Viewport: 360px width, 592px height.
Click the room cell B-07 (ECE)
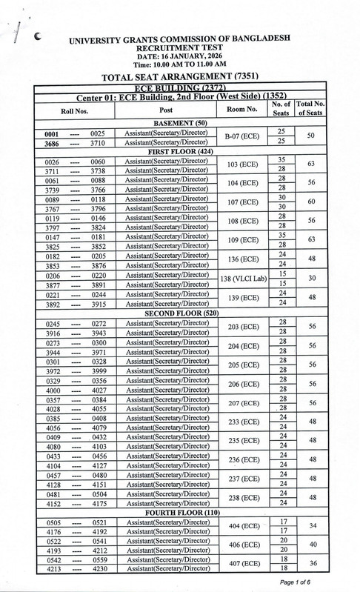click(x=241, y=137)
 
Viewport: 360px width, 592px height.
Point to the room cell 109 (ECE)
click(x=242, y=241)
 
